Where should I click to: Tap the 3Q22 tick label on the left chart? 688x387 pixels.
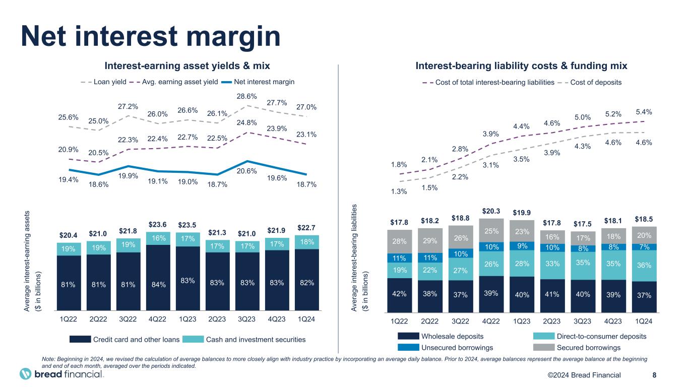pos(128,319)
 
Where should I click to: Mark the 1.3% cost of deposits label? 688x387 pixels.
pos(399,191)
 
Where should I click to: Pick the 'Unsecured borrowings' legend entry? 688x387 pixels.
pos(457,348)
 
